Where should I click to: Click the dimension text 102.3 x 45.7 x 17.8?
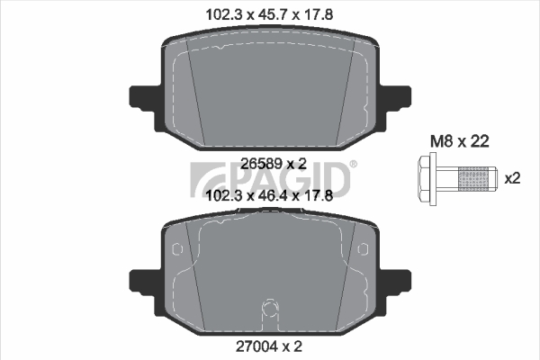[269, 14]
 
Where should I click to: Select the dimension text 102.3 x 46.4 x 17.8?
[269, 196]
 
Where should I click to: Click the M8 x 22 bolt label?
[460, 141]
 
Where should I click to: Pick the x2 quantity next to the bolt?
[512, 179]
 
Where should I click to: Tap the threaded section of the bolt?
[473, 179]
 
